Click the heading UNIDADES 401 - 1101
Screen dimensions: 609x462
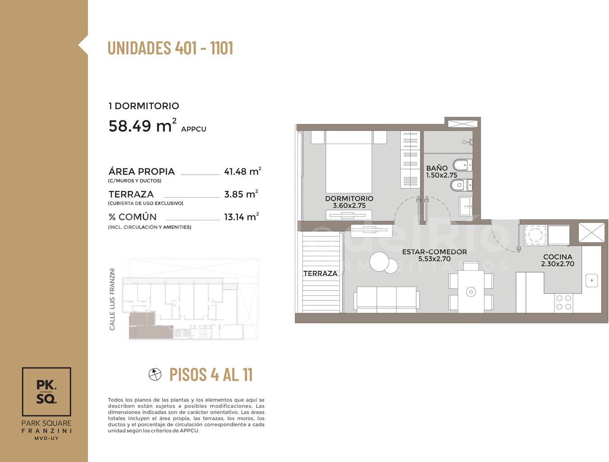click(x=170, y=48)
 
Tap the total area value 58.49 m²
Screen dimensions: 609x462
click(x=142, y=125)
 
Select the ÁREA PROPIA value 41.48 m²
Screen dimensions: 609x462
click(x=243, y=171)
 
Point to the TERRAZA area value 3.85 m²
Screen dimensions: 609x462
click(x=241, y=194)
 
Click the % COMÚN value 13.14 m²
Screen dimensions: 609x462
click(x=241, y=217)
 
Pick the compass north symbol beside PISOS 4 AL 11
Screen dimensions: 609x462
click(x=155, y=374)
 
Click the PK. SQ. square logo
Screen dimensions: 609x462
click(x=46, y=392)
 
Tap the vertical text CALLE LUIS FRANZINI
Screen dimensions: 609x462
click(x=112, y=299)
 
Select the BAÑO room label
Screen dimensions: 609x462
click(x=437, y=168)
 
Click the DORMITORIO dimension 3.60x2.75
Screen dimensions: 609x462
click(x=349, y=206)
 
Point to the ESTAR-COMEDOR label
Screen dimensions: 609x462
click(x=435, y=252)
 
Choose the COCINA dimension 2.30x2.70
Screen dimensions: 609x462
click(x=558, y=264)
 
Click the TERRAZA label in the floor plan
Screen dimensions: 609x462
click(x=321, y=273)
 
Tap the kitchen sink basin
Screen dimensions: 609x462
click(x=591, y=281)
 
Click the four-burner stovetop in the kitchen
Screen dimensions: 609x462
click(x=563, y=302)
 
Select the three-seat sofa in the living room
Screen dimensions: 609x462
click(x=386, y=299)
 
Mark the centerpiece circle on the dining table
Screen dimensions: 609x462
click(x=471, y=292)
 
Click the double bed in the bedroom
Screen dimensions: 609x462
click(x=349, y=162)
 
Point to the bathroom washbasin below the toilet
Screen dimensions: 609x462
click(x=466, y=206)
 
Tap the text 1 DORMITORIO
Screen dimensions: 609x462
click(x=144, y=106)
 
